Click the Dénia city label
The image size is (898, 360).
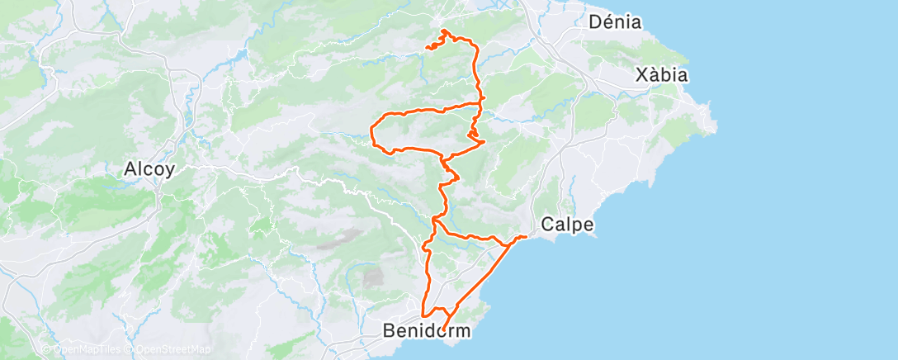[616, 22]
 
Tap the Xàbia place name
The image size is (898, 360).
[662, 75]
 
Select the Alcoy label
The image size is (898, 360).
[149, 170]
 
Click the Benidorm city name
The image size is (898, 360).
[427, 331]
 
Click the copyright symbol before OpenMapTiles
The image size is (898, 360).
[48, 350]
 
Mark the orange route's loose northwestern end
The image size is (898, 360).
[426, 48]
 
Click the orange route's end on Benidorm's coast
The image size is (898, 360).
[443, 331]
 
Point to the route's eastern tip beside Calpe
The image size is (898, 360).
[526, 237]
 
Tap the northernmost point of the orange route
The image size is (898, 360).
[444, 31]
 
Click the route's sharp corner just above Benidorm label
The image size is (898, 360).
[423, 315]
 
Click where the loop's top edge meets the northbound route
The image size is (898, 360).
[481, 104]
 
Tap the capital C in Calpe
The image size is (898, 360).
[547, 224]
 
